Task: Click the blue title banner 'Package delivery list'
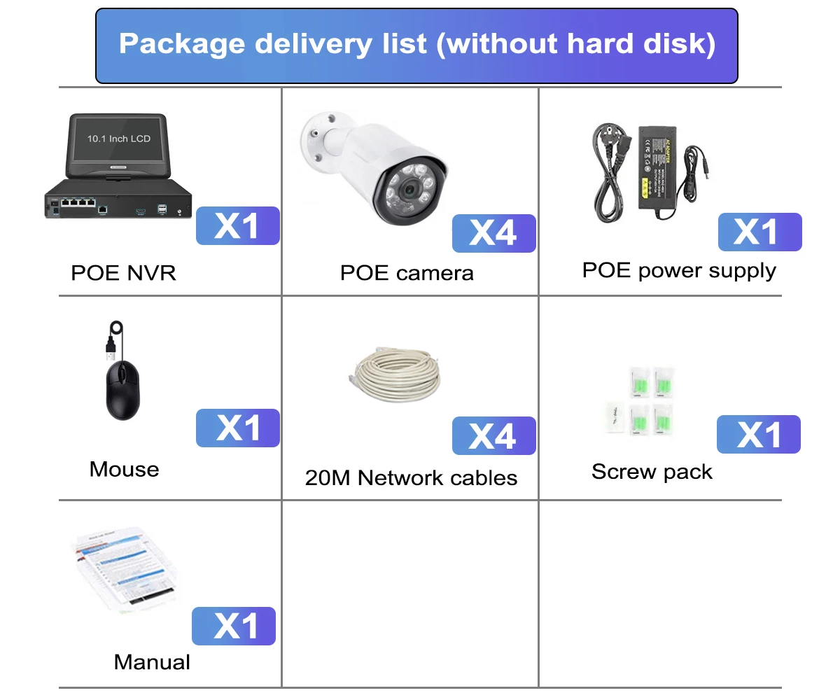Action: tap(416, 45)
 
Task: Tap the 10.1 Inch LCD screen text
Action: tap(119, 139)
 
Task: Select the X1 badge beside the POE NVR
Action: tap(237, 225)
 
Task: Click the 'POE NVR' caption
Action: tap(123, 272)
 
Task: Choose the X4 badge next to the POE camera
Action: tap(493, 233)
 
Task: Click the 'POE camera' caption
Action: tap(407, 272)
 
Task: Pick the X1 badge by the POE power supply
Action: tap(759, 232)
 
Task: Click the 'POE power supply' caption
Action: tap(679, 270)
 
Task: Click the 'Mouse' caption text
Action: tap(124, 469)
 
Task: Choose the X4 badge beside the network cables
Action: tap(493, 435)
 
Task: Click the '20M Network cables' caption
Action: tap(411, 478)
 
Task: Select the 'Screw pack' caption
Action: tap(652, 472)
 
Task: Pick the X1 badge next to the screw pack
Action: tap(758, 434)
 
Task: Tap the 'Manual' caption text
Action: tap(152, 661)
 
